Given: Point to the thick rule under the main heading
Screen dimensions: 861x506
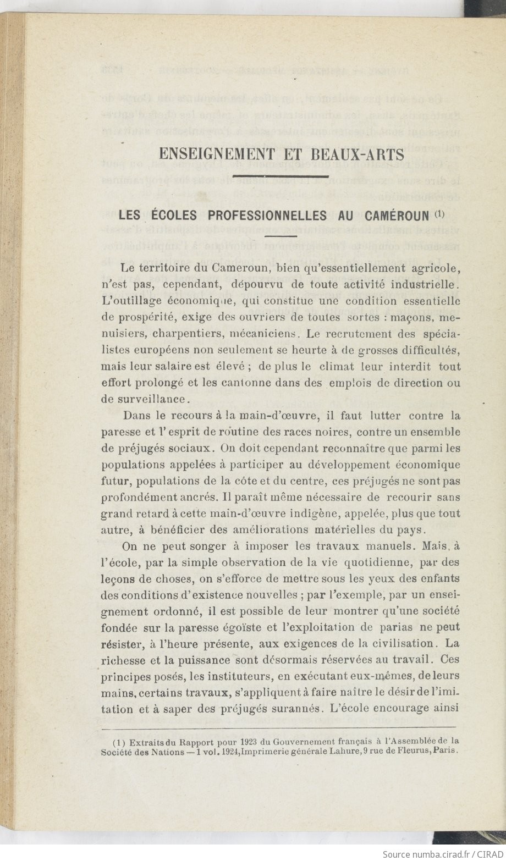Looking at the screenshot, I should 280,176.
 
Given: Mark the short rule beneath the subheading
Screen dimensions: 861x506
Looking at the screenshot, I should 280,235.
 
